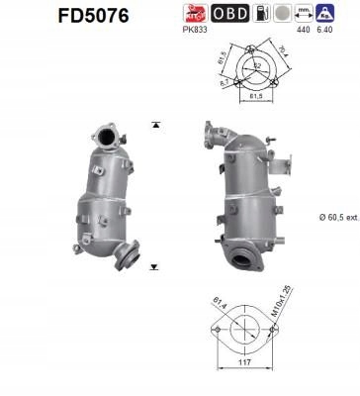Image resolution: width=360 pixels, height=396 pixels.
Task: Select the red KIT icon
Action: (196, 13)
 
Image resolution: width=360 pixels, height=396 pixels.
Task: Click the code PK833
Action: (196, 30)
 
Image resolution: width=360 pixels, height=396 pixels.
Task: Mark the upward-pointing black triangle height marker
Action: (155, 125)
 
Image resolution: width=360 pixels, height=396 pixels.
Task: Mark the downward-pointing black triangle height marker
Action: (155, 267)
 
